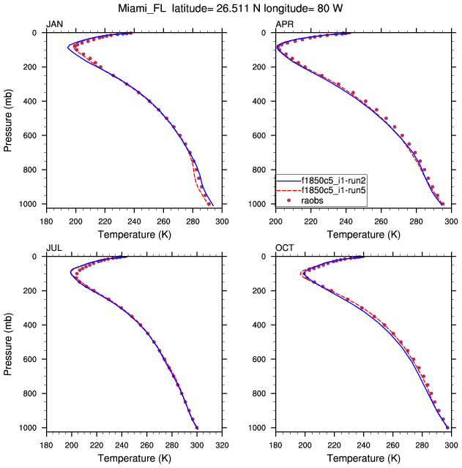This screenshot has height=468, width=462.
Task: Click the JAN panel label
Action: tap(54, 24)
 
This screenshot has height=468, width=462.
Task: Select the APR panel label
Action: tap(284, 24)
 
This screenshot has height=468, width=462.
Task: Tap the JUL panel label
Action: tap(53, 248)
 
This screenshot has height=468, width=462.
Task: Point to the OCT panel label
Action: tap(284, 248)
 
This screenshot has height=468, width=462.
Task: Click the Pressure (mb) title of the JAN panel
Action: tap(8, 118)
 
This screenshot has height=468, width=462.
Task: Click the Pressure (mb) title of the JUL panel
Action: tap(8, 341)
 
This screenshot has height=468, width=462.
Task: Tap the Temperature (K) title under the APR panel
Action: tap(363, 235)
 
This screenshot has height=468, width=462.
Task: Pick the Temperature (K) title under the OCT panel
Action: tap(363, 458)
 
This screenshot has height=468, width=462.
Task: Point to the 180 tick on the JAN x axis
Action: tap(45, 220)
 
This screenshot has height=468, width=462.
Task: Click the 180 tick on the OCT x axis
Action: tap(275, 444)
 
